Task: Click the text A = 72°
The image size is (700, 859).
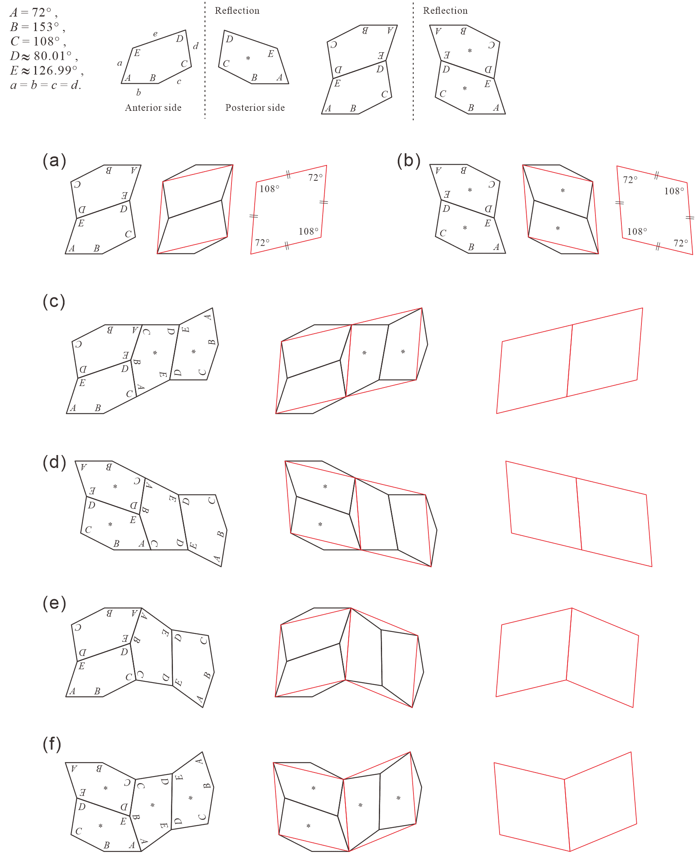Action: click(x=33, y=13)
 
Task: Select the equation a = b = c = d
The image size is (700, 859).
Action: click(x=46, y=85)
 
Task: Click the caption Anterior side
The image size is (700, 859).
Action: click(x=153, y=108)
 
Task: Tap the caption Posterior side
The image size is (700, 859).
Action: click(x=255, y=108)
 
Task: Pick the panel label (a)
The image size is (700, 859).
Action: click(x=54, y=160)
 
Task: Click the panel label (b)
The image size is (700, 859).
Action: click(x=409, y=160)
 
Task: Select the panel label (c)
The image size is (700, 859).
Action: click(x=54, y=301)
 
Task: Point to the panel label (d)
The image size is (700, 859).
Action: click(x=54, y=462)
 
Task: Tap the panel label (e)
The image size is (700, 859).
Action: click(x=54, y=603)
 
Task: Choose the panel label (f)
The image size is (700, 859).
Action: click(x=52, y=744)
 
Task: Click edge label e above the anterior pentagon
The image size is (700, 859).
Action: click(x=155, y=34)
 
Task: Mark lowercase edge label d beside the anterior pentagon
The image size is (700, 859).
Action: click(x=196, y=46)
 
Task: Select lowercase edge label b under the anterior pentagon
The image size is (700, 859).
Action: click(x=138, y=92)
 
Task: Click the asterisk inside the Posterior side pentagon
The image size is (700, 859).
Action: click(x=248, y=59)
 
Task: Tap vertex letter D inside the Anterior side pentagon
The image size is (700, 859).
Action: click(x=180, y=39)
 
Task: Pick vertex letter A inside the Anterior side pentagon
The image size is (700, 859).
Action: click(x=128, y=78)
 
